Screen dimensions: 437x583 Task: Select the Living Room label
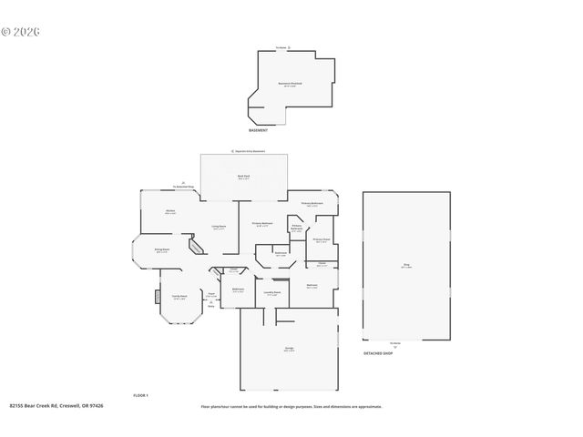[x=219, y=227]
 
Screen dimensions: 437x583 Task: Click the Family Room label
[x=179, y=297]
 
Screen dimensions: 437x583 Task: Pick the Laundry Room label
[x=271, y=293]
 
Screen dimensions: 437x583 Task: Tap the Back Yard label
[x=243, y=178]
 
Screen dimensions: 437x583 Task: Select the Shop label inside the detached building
[x=406, y=266]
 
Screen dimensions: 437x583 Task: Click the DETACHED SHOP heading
[x=378, y=352]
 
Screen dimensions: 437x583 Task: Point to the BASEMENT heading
[x=258, y=130]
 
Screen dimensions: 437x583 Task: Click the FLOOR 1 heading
[x=140, y=395]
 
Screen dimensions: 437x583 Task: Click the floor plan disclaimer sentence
[x=291, y=407]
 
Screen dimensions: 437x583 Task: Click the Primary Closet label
[x=322, y=240]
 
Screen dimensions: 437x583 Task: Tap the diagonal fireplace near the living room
[x=195, y=246]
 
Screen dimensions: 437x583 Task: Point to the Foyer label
[x=210, y=296]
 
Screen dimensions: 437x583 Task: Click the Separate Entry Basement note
[x=248, y=150]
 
